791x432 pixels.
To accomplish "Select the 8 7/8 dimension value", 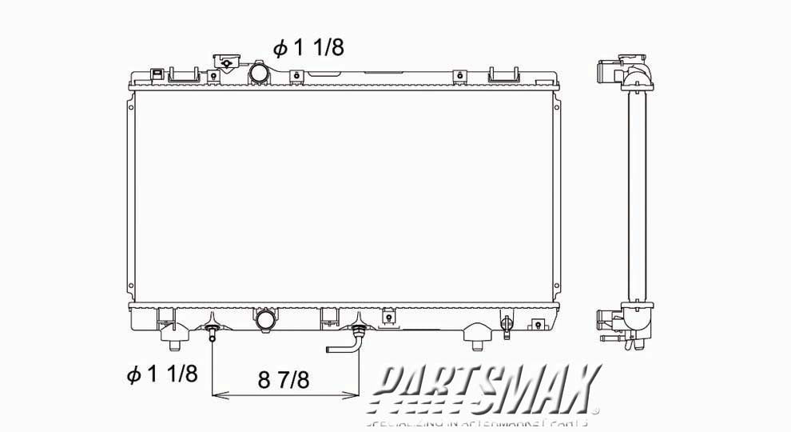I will point(283,379).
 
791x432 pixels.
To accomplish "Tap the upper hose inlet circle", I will point(260,74).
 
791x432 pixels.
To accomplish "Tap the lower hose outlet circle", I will point(266,321).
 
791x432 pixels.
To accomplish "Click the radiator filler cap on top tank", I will point(226,63).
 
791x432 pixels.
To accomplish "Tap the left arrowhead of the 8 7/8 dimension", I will point(216,395).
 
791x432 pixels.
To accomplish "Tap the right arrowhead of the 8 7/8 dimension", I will point(354,395).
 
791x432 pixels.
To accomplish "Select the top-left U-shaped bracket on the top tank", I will point(184,74).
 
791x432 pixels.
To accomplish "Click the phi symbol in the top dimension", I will point(280,49).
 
